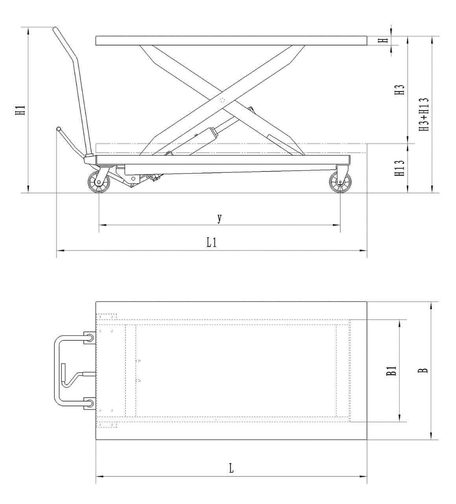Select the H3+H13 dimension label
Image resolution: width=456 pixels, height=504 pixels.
click(424, 115)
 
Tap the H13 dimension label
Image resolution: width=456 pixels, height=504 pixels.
click(400, 168)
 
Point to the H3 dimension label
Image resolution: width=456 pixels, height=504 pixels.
click(400, 90)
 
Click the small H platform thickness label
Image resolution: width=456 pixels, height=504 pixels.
click(385, 40)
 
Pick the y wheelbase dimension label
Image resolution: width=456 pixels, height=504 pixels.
click(220, 218)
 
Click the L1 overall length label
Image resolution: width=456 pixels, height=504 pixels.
click(212, 242)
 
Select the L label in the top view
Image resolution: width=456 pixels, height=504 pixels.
click(231, 468)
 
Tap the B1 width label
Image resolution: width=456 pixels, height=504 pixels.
click(391, 371)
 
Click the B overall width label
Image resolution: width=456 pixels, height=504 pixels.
click(424, 371)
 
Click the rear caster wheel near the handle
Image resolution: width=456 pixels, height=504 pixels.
click(98, 183)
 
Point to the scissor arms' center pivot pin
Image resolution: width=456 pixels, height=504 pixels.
click(222, 100)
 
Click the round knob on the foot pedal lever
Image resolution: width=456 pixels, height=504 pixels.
click(59, 129)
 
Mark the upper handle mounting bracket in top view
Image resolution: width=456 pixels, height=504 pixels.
click(89, 337)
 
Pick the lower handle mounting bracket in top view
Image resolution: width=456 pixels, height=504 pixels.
click(89, 403)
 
